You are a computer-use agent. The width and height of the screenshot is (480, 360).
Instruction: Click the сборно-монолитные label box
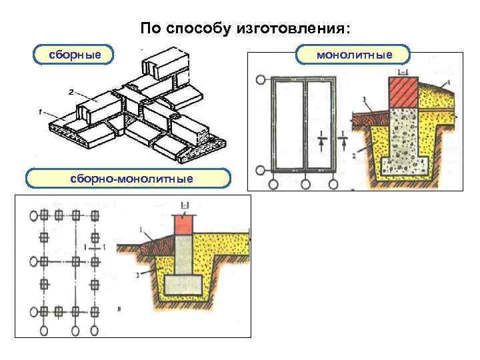point(128,178)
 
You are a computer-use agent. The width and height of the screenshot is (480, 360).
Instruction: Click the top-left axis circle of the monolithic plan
point(259,81)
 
